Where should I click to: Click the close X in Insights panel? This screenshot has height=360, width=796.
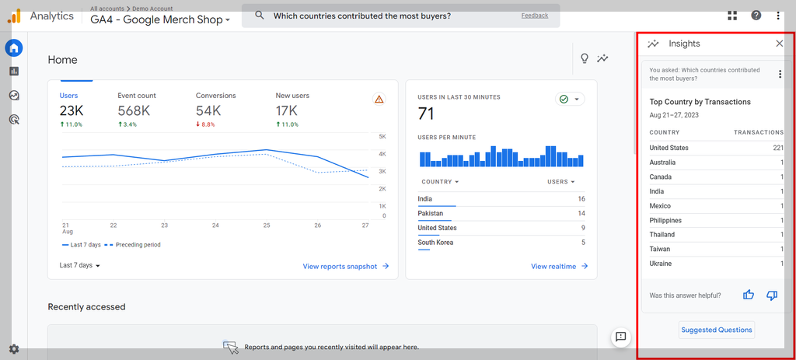tap(780, 44)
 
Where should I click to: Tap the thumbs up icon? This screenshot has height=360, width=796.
tap(749, 295)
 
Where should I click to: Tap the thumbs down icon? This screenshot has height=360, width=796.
tap(772, 295)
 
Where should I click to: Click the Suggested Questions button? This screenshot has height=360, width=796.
tap(717, 330)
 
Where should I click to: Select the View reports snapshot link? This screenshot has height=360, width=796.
tap(345, 266)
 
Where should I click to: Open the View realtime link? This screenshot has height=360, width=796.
tap(559, 266)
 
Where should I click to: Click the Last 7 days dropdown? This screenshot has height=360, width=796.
tap(80, 265)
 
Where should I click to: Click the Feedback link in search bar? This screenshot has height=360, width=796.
tap(534, 16)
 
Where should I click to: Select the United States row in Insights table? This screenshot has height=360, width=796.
tap(716, 148)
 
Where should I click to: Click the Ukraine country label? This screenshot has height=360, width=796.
tap(661, 264)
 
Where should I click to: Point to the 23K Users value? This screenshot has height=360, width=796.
tap(72, 111)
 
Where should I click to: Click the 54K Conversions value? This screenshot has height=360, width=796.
tap(208, 111)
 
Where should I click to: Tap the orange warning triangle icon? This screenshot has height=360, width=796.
tap(379, 100)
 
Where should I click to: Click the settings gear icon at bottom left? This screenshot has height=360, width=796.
tap(14, 349)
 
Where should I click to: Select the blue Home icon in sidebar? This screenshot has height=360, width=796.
tap(14, 48)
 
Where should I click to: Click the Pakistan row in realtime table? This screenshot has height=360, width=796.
tap(501, 213)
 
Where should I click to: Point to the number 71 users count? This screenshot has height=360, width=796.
tap(426, 114)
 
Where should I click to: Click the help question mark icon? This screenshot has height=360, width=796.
tap(756, 16)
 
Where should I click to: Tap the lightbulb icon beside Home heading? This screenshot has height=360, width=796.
tap(585, 59)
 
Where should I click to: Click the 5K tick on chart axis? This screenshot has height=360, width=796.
tap(382, 137)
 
